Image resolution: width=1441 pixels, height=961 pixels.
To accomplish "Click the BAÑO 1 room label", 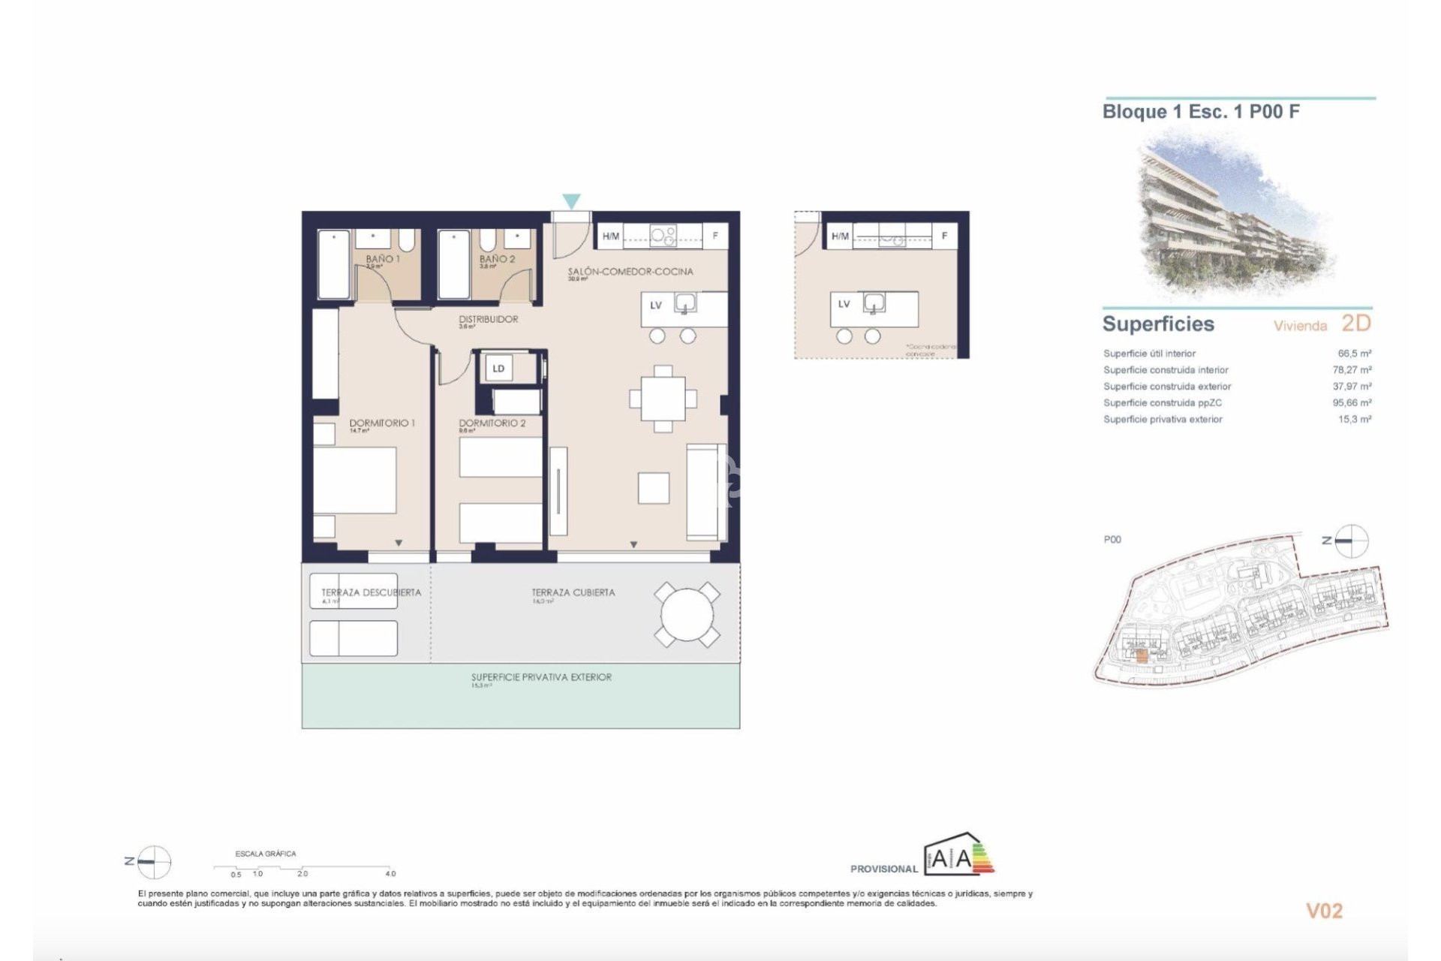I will [382, 259].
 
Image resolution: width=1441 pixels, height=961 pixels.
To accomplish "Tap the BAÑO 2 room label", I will [497, 259].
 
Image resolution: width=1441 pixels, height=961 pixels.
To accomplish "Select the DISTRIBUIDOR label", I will [489, 319].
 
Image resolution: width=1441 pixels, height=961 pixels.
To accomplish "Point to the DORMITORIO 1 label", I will [382, 423].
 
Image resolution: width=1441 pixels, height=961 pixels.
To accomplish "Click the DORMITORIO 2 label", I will [492, 423].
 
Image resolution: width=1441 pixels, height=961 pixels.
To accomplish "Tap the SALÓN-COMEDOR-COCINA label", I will [630, 271].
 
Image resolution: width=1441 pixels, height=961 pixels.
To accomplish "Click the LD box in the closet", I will [498, 368].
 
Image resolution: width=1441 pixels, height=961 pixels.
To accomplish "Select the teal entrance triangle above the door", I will [571, 201].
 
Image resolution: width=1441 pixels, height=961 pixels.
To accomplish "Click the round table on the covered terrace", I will [687, 615].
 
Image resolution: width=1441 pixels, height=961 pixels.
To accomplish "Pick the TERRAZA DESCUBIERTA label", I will [371, 592].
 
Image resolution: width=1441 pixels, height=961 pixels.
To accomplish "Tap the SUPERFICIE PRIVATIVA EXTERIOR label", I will [540, 677].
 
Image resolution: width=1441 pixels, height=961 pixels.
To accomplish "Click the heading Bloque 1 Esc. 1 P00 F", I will [1201, 112].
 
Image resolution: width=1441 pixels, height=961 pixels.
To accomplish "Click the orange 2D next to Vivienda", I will [1355, 323].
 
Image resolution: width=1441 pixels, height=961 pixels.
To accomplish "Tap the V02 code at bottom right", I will [1324, 911].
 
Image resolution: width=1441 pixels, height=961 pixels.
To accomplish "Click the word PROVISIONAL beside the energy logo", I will [883, 869].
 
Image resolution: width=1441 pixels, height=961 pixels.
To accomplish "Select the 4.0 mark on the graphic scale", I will [390, 873].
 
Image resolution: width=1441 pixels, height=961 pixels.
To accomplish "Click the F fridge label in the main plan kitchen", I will [715, 236].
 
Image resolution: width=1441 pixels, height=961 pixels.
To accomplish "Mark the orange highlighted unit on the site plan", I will [1139, 655].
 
